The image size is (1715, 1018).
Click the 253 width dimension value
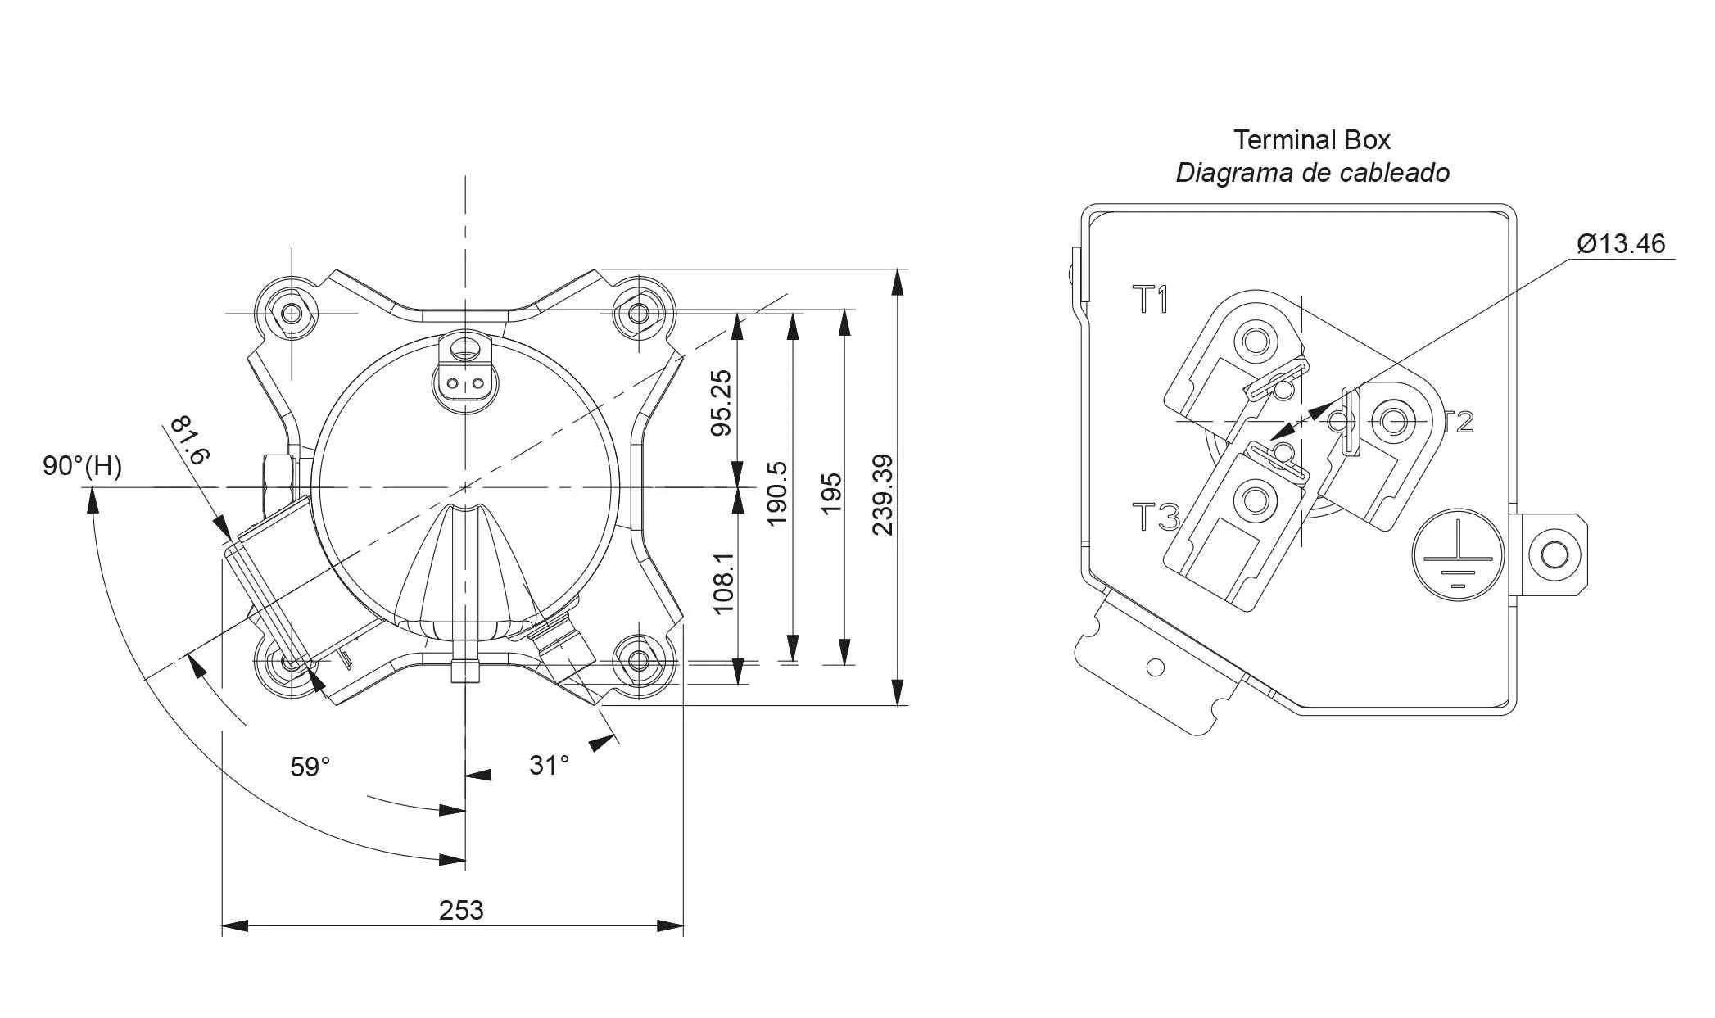[461, 911]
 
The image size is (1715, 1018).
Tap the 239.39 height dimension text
[883, 495]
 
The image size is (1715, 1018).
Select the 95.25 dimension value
[721, 403]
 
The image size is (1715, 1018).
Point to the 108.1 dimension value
[724, 582]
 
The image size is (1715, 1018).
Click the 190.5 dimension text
[776, 493]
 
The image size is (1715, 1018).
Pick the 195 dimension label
[830, 493]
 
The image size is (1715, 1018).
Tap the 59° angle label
[310, 767]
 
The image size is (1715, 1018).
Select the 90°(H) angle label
[82, 466]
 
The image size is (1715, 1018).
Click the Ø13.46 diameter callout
[1621, 244]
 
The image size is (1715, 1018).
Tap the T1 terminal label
[1152, 301]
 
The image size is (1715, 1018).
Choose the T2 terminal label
[1459, 422]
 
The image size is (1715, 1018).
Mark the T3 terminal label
[1156, 518]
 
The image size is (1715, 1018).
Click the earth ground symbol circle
[1458, 554]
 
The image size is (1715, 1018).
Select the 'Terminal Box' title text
[1312, 140]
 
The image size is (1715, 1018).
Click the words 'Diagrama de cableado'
[1312, 173]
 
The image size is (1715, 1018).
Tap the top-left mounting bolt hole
[291, 313]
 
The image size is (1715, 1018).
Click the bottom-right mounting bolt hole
[640, 662]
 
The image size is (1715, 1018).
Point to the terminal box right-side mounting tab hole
[1554, 554]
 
